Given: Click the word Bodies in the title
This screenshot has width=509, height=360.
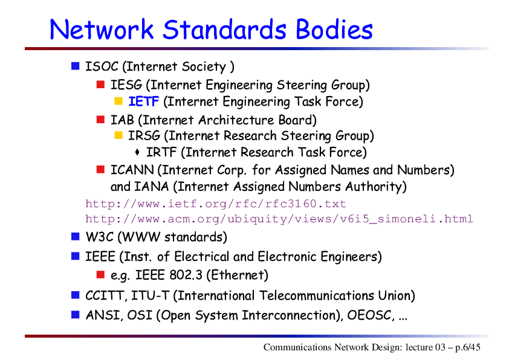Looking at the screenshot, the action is (x=334, y=29).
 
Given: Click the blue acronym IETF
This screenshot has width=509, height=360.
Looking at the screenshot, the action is (x=143, y=101).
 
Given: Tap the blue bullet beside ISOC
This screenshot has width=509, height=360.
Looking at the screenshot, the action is (x=76, y=66).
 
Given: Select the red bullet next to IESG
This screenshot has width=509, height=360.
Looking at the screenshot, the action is (x=100, y=85).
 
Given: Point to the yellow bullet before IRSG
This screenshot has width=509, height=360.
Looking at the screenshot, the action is (x=118, y=135).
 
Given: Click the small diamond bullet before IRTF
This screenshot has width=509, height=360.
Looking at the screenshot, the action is (x=137, y=152).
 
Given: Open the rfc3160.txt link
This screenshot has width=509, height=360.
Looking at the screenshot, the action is (x=216, y=204).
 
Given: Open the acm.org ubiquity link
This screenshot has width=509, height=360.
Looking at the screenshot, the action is (x=279, y=219).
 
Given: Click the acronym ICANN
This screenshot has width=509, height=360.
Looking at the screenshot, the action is (x=132, y=170).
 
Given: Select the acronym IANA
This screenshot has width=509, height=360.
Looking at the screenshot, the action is (x=151, y=187).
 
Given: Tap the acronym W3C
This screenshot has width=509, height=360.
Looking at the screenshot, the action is (x=99, y=237).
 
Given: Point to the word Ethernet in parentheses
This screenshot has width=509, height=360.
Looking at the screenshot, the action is (x=238, y=275).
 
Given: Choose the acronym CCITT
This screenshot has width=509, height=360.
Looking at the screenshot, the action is (x=105, y=296).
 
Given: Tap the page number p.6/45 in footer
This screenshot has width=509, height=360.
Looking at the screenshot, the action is (x=467, y=347).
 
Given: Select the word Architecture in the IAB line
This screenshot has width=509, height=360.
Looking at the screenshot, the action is (x=236, y=120).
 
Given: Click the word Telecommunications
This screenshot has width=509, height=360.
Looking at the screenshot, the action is (x=317, y=296).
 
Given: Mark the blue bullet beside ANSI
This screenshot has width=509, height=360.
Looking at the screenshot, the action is (x=76, y=315).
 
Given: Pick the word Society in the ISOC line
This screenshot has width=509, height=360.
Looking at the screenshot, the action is (x=204, y=67).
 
